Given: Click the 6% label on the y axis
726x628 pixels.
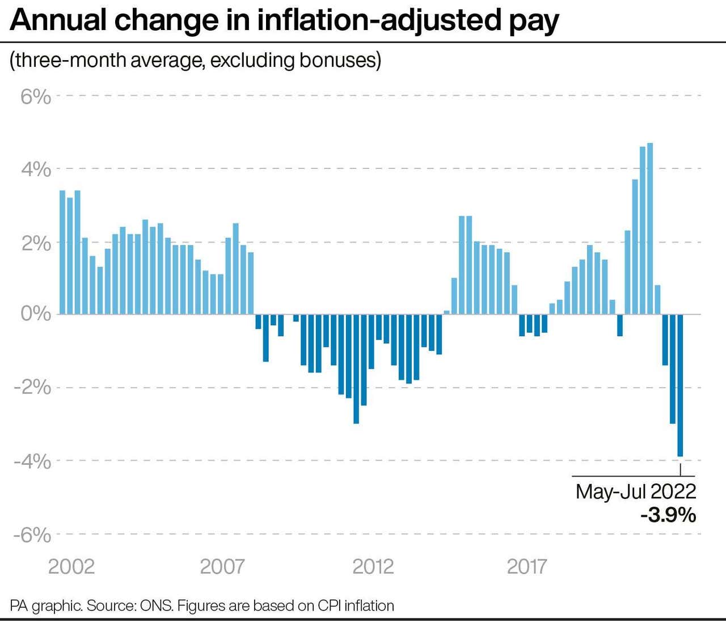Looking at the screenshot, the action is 36,96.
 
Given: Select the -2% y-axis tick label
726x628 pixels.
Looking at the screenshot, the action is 32,387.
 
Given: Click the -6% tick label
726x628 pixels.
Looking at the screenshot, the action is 32,535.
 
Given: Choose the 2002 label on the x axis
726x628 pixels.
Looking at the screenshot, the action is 71,566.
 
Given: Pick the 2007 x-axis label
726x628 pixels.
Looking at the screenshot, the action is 222,566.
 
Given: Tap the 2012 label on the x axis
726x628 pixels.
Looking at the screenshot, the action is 373,566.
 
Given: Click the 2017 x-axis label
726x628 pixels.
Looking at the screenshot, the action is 527,566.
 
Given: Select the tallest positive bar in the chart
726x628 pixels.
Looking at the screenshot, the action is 650,228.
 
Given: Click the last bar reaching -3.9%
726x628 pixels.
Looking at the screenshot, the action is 680,385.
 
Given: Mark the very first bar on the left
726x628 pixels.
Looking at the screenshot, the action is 62,252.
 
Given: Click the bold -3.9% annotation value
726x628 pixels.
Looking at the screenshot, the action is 668,516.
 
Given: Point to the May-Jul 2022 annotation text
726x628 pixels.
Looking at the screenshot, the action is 636,491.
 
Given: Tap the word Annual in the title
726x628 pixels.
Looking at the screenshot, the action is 58,20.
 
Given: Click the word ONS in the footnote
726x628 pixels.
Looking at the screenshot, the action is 157,605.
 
